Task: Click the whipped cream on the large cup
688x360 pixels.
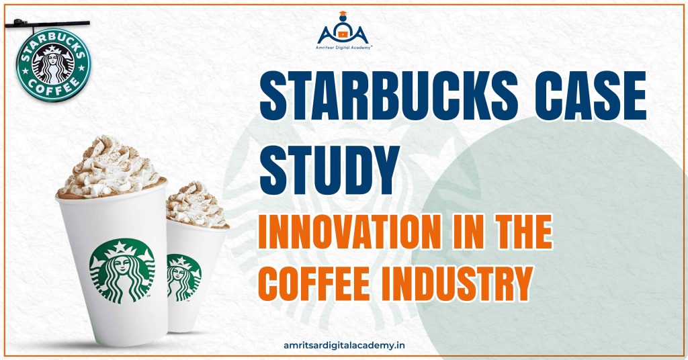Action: [110, 166]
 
